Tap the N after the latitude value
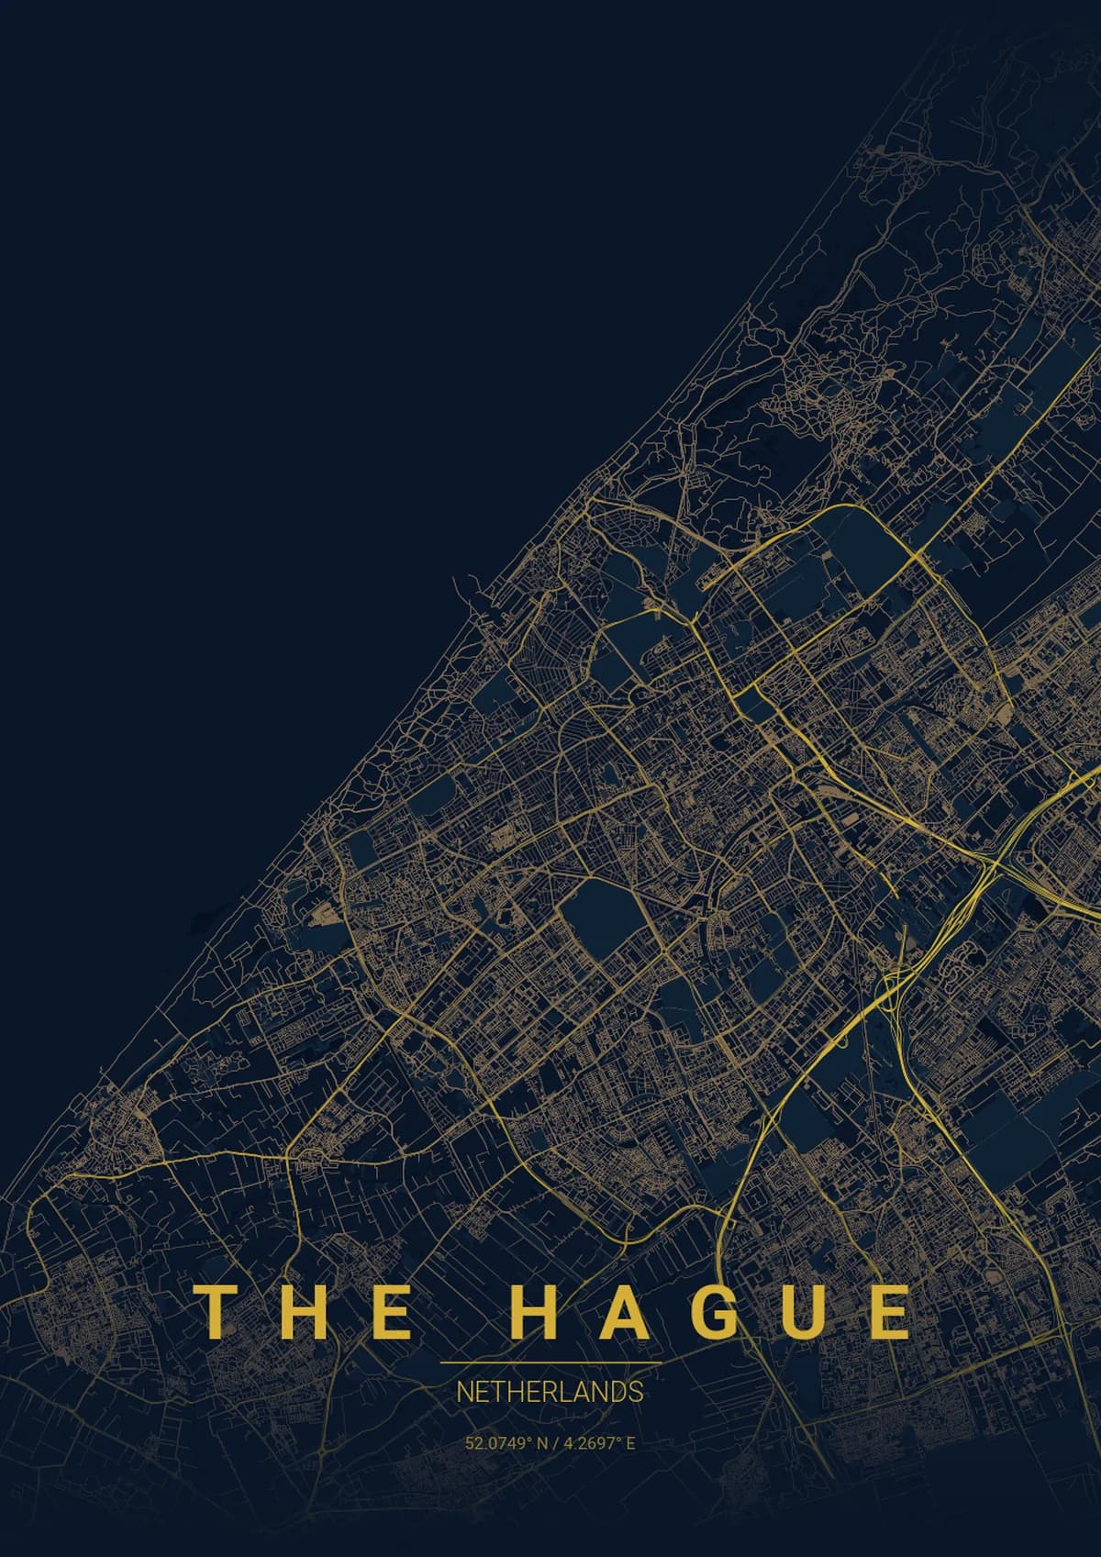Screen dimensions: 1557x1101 (x=542, y=1443)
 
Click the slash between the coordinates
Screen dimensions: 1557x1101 (x=554, y=1443)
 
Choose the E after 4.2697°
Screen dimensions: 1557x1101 (x=630, y=1443)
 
